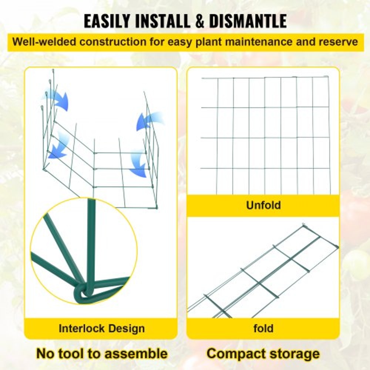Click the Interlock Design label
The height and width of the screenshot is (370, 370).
101,328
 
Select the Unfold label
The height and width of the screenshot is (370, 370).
263,205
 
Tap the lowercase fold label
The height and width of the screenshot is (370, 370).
263,328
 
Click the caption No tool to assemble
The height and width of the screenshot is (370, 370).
101,353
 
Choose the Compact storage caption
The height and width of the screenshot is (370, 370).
263,353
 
